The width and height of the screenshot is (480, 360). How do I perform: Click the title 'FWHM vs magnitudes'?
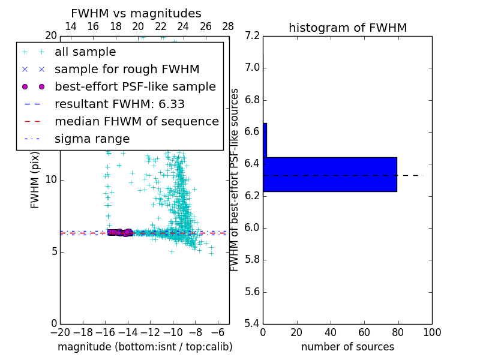tap(136, 13)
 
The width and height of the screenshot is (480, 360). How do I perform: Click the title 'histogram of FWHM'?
tap(347, 28)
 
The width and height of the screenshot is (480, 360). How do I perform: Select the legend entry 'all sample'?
tap(85, 52)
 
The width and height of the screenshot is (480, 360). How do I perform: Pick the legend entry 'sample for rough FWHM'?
tap(127, 69)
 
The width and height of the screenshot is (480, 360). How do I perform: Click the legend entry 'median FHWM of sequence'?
tap(136, 121)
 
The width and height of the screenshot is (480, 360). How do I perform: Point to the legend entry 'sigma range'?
tap(92, 139)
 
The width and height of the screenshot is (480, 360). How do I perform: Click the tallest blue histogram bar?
tap(329, 174)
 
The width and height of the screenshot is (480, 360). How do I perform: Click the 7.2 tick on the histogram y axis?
tap(252, 35)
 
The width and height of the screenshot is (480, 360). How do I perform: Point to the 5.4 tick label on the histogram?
tap(252, 323)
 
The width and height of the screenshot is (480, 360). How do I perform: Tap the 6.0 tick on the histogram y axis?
tap(252, 227)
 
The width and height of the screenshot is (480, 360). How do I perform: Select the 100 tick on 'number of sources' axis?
tap(431, 332)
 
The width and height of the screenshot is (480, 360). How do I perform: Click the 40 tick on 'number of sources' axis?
tap(331, 332)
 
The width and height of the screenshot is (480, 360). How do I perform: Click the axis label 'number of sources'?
tap(347, 347)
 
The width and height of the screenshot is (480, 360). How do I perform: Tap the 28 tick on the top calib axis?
tap(228, 26)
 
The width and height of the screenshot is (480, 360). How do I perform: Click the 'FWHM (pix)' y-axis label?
tap(35, 179)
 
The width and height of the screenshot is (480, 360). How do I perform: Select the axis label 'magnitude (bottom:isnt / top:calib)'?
tap(145, 347)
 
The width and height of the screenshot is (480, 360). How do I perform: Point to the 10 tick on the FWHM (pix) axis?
tap(50, 179)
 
